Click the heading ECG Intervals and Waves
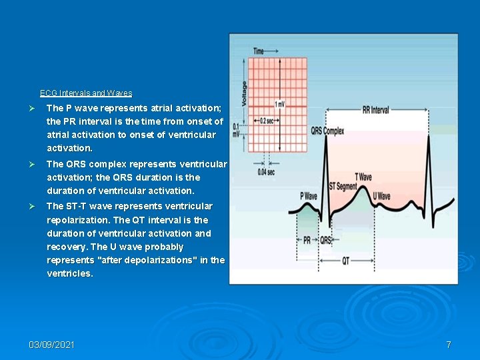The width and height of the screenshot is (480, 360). [86, 93]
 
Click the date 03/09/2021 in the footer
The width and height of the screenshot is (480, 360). [52, 345]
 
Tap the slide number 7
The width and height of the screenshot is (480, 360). [449, 345]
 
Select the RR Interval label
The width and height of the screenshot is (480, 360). [376, 110]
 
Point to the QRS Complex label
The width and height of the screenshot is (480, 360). [327, 131]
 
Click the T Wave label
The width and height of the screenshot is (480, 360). [363, 177]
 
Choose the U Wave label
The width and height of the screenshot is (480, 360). [381, 196]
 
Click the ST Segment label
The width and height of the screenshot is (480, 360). [343, 186]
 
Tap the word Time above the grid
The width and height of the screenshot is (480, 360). [258, 51]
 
